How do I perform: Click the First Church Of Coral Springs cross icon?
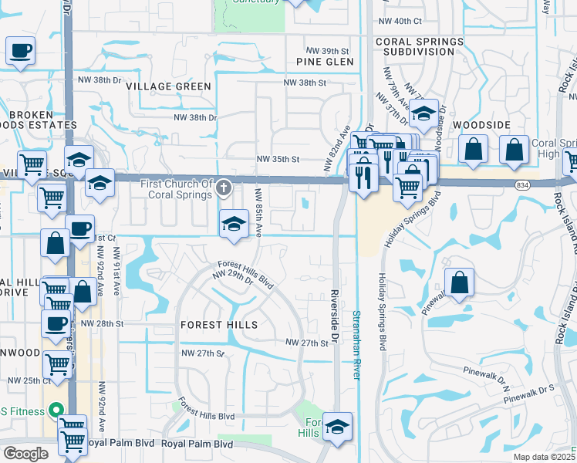click(223, 187)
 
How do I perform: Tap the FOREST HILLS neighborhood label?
click(219, 326)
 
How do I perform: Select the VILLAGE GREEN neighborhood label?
click(168, 86)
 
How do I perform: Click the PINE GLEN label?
click(325, 62)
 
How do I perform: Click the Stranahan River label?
click(356, 343)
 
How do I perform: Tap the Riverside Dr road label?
click(335, 316)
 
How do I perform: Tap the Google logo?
click(25, 454)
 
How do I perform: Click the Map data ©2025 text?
click(543, 457)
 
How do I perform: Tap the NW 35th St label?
click(278, 159)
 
